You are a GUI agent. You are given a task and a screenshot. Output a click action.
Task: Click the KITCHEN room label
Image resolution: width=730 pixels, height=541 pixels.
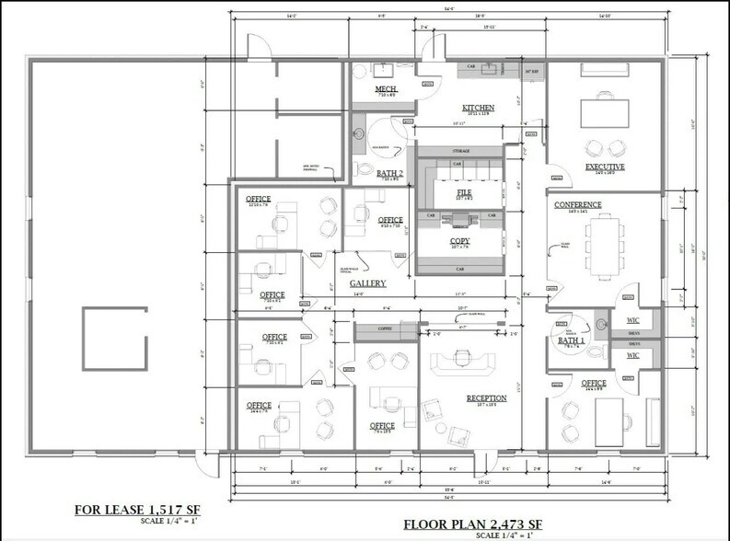(478, 108)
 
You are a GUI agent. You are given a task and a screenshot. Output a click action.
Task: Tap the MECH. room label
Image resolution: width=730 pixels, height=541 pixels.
(385, 89)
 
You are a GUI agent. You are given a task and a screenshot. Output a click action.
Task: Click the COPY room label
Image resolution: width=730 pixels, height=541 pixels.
(459, 243)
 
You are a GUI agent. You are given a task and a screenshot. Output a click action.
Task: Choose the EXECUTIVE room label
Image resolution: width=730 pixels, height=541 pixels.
(605, 167)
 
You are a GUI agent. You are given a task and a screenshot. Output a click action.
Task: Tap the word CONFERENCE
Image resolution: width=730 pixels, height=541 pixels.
(577, 204)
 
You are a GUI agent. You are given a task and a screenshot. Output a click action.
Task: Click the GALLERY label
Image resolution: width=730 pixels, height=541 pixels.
(367, 283)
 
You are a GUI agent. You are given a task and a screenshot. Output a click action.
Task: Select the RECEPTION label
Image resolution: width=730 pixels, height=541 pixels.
(487, 399)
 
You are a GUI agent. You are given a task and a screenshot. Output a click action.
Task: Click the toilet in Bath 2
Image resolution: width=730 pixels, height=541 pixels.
(361, 170)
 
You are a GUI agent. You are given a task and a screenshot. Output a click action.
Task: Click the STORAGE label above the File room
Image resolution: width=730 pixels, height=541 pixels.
(461, 150)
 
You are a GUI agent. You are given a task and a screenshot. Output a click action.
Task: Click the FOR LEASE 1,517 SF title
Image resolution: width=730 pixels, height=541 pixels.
(140, 509)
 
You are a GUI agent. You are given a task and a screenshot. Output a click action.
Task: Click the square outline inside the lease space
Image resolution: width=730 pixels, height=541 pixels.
(113, 338)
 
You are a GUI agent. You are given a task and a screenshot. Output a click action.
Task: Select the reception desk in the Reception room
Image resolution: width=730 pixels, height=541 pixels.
(466, 358)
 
